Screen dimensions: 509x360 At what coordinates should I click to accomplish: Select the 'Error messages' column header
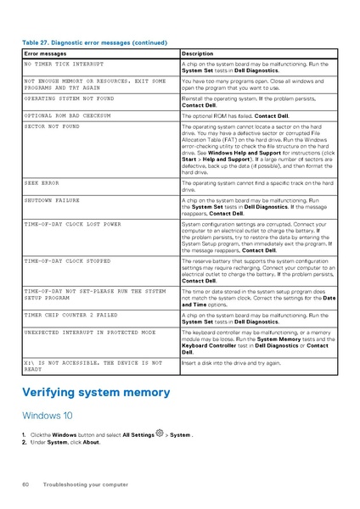click(x=42, y=53)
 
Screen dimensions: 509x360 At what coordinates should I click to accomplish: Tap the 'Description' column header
click(x=198, y=53)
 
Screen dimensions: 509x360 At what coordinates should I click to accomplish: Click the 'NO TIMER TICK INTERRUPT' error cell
click(x=64, y=64)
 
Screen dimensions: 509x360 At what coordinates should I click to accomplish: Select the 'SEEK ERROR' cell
click(x=42, y=182)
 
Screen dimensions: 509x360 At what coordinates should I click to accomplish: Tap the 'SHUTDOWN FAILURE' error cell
click(x=52, y=201)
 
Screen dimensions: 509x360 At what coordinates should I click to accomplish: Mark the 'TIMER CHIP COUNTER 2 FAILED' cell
click(x=70, y=314)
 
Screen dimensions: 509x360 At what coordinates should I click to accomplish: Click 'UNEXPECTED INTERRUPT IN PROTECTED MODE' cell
click(x=89, y=333)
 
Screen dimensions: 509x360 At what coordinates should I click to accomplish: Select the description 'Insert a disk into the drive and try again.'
click(x=232, y=361)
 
